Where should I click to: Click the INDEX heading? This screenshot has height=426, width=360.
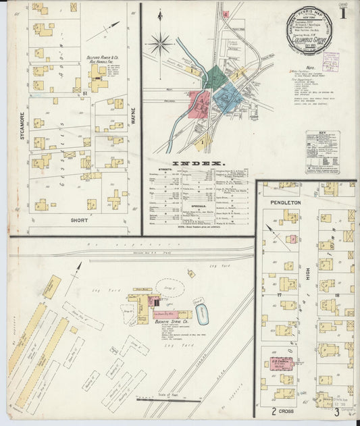(199, 164)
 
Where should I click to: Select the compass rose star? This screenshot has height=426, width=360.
(161, 45)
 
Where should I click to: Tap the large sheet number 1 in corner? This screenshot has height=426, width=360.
(343, 14)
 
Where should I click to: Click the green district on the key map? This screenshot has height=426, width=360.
(215, 77)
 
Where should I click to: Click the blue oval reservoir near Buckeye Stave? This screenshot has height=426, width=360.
(202, 313)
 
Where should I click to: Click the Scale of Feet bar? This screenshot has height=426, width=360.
(159, 400)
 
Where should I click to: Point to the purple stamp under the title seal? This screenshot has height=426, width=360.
(330, 61)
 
